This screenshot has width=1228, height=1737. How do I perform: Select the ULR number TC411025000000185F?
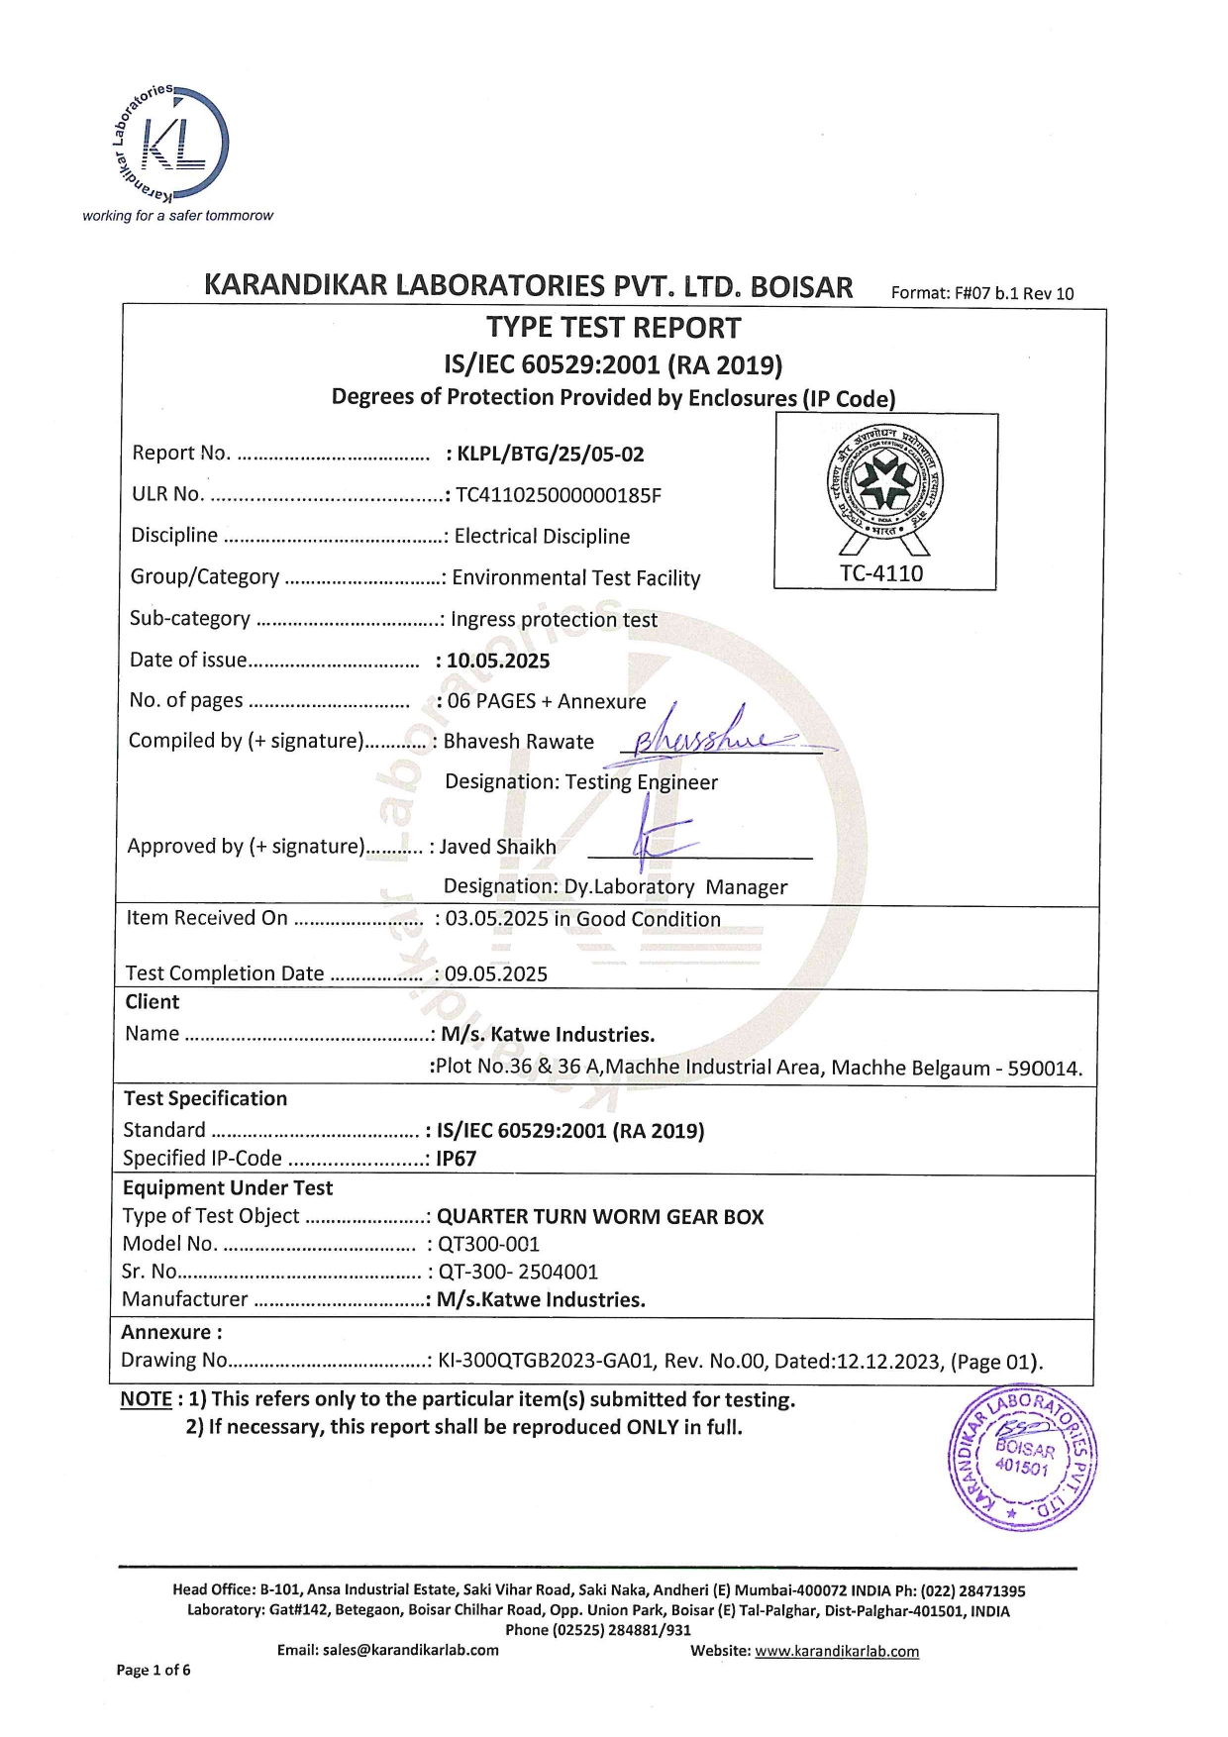(x=558, y=495)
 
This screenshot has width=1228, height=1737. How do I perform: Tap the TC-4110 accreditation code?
(x=881, y=573)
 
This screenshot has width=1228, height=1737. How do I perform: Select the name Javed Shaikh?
(x=497, y=847)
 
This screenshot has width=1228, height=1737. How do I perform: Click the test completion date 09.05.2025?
(x=496, y=973)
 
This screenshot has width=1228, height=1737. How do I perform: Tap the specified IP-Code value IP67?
(x=457, y=1158)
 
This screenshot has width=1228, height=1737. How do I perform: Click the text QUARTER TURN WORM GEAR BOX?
(x=600, y=1216)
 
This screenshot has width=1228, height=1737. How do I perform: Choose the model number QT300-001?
(x=488, y=1244)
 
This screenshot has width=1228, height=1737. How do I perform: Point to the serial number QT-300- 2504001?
(x=518, y=1272)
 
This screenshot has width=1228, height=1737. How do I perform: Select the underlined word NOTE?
(x=146, y=1399)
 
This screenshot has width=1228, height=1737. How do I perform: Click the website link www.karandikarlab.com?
(x=837, y=1651)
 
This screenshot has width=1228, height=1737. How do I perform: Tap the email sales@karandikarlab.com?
(x=410, y=1650)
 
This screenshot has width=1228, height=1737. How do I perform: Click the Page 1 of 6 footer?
(x=153, y=1670)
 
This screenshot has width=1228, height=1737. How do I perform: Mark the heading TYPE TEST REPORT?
(x=613, y=328)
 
